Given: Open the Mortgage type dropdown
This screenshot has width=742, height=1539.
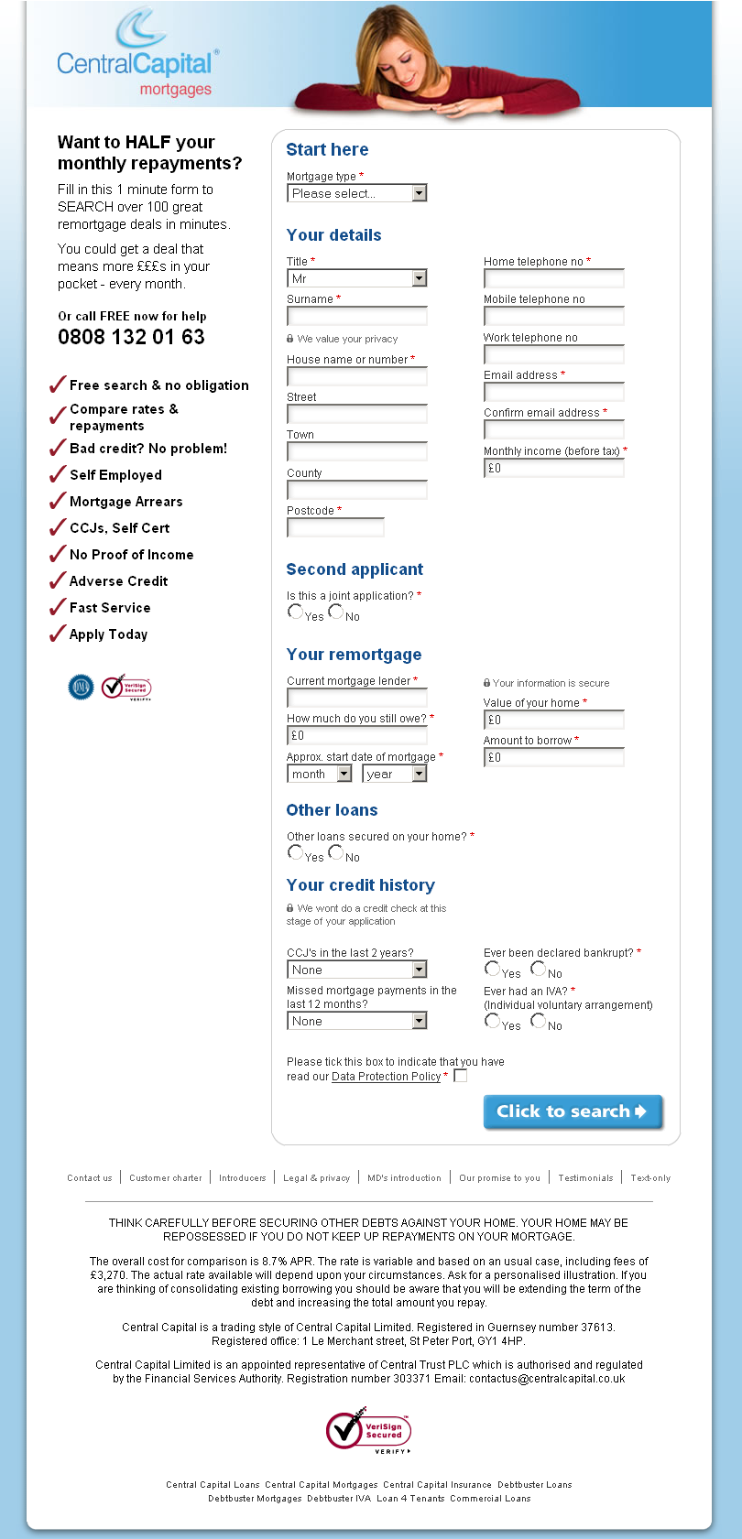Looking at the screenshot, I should click(x=356, y=193).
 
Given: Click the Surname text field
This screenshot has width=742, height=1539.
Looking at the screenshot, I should click(x=356, y=317).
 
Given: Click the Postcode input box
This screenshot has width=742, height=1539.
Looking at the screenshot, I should click(x=335, y=528).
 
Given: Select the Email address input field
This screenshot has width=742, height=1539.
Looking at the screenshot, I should click(x=553, y=393).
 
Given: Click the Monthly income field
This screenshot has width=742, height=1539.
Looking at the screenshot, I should click(x=553, y=469).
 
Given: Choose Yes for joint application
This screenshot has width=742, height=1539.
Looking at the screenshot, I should click(x=295, y=612).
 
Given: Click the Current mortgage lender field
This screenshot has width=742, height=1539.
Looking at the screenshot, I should click(x=356, y=698).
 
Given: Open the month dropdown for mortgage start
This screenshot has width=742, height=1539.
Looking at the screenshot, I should click(x=319, y=775).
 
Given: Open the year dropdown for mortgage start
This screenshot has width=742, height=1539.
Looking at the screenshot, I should click(x=394, y=775).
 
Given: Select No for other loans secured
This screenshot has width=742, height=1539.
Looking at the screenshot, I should click(x=336, y=852).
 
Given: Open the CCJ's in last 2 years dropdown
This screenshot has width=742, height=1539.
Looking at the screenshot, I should click(x=356, y=970).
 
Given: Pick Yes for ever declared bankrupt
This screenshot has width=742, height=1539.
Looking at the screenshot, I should click(x=493, y=969).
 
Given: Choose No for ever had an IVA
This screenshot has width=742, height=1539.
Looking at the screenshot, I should click(x=538, y=1021).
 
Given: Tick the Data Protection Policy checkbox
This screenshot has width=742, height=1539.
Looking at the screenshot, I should click(x=461, y=1076).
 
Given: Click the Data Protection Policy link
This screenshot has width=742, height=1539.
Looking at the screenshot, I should click(x=386, y=1077).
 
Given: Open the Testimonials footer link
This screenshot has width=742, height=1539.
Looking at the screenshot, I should click(x=585, y=1178).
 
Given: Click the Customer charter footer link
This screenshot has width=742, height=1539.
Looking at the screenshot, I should click(x=165, y=1178).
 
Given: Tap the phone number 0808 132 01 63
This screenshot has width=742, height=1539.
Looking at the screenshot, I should click(x=131, y=337).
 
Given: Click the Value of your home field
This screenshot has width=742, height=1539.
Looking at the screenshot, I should click(x=553, y=721).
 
